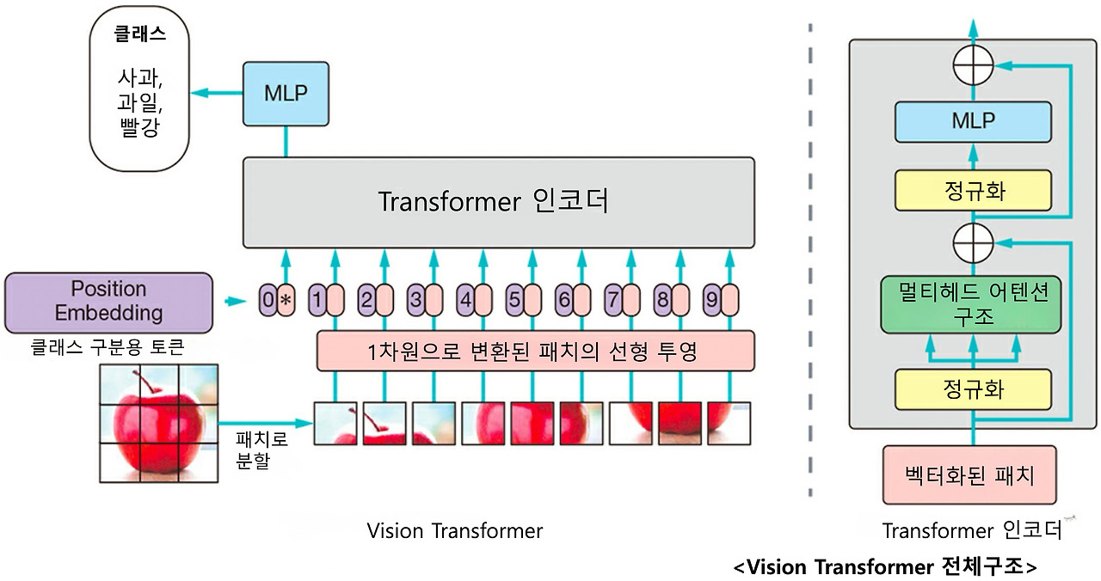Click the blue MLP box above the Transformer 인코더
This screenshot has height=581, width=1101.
[286, 94]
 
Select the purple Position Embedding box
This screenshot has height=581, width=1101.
[108, 302]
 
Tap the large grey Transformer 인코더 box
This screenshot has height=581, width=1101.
[499, 202]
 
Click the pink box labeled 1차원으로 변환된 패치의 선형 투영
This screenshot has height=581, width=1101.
[535, 352]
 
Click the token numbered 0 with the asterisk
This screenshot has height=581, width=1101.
[278, 301]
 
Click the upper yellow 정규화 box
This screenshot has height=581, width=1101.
[974, 191]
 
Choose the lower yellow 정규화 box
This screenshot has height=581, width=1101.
[974, 390]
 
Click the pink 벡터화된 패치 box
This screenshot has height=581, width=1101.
[969, 474]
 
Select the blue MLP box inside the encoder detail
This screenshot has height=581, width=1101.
[974, 121]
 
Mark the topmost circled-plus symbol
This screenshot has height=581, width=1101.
[974, 64]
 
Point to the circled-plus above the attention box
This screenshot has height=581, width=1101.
[974, 244]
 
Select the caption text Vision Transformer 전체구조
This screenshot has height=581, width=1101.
[885, 568]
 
